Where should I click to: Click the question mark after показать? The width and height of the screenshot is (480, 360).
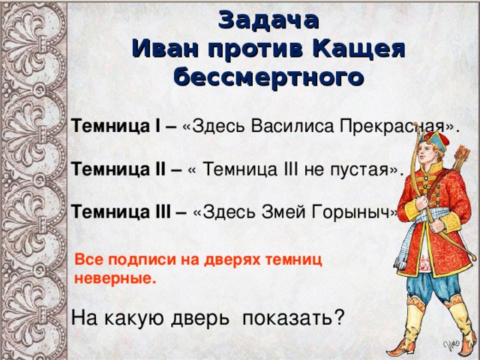click(340, 317)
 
